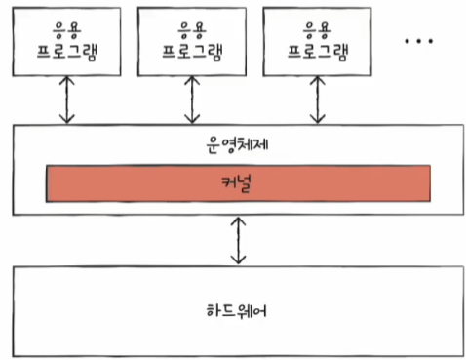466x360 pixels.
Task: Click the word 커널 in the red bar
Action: coord(236,184)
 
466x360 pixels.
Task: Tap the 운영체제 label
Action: coord(237,144)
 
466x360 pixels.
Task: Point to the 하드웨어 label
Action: coord(237,310)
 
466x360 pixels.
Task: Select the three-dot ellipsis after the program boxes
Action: coord(418,41)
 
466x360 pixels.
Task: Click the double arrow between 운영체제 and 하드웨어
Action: coord(238,241)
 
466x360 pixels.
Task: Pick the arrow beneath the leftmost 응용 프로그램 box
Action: coord(67,100)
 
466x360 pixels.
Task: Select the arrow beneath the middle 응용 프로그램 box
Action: coord(192,100)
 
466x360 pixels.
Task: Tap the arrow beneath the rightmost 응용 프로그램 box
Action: coord(318,100)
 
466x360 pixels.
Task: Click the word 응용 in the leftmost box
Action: coord(67,30)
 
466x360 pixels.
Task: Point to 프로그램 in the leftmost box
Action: coord(67,52)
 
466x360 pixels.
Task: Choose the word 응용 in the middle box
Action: coord(192,30)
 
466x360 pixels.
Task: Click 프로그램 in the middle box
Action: coord(192,52)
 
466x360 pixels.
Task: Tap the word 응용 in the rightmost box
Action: coord(318,30)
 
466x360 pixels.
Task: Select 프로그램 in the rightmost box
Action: coord(318,52)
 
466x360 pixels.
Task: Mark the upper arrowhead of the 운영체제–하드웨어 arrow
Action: coord(238,221)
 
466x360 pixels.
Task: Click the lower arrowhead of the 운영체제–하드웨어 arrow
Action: coord(238,260)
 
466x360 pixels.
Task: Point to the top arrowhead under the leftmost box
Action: coord(67,80)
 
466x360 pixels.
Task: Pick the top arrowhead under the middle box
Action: coord(192,80)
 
